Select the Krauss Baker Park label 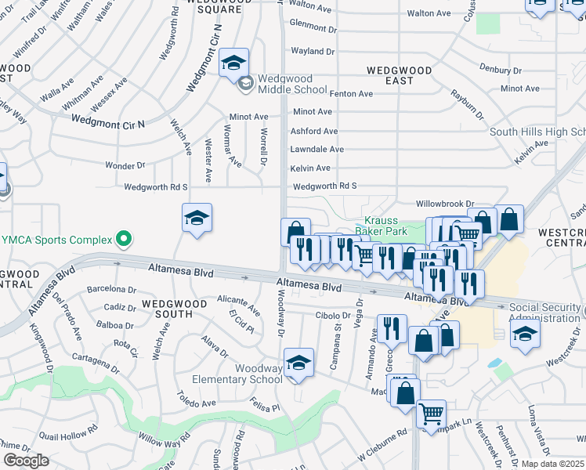point(381,226)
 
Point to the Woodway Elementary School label point(259,374)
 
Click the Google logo point(26,461)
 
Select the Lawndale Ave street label point(317,149)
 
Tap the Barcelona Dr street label point(113,290)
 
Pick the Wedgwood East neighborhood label point(400,75)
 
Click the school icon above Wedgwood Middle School point(233,61)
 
